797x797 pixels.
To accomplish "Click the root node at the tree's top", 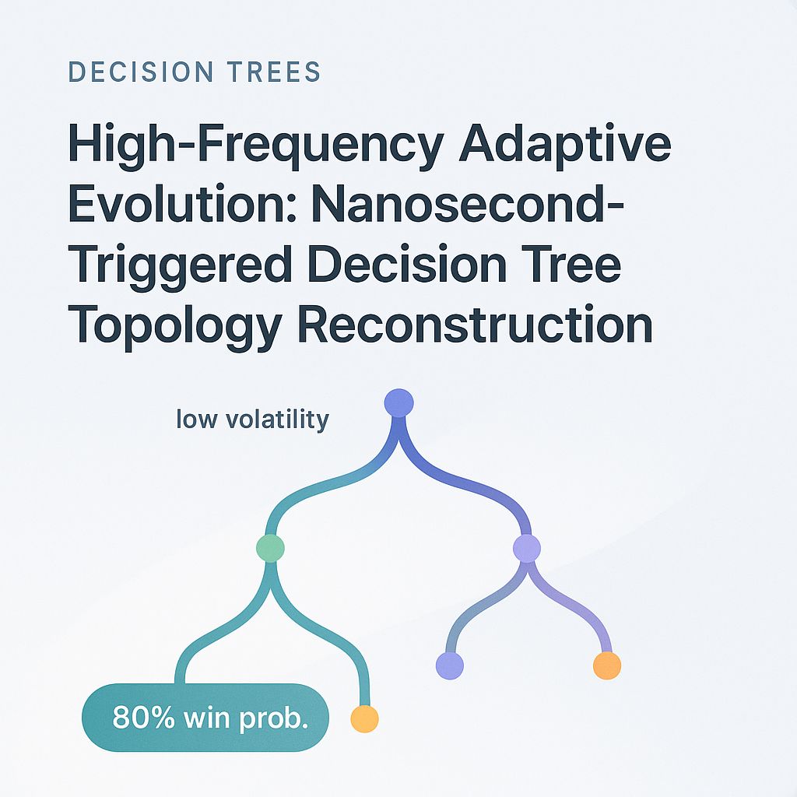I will tap(399, 403).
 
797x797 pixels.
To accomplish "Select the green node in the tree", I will tap(270, 548).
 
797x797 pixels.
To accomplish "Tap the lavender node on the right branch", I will tap(527, 549).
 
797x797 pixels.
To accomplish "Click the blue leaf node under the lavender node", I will tap(450, 665).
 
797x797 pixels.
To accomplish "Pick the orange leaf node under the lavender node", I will tap(607, 665).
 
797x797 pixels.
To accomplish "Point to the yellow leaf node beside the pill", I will tap(364, 718).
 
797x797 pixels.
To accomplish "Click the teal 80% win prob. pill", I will tap(205, 717).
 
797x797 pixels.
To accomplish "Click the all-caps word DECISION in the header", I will tap(132, 72).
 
